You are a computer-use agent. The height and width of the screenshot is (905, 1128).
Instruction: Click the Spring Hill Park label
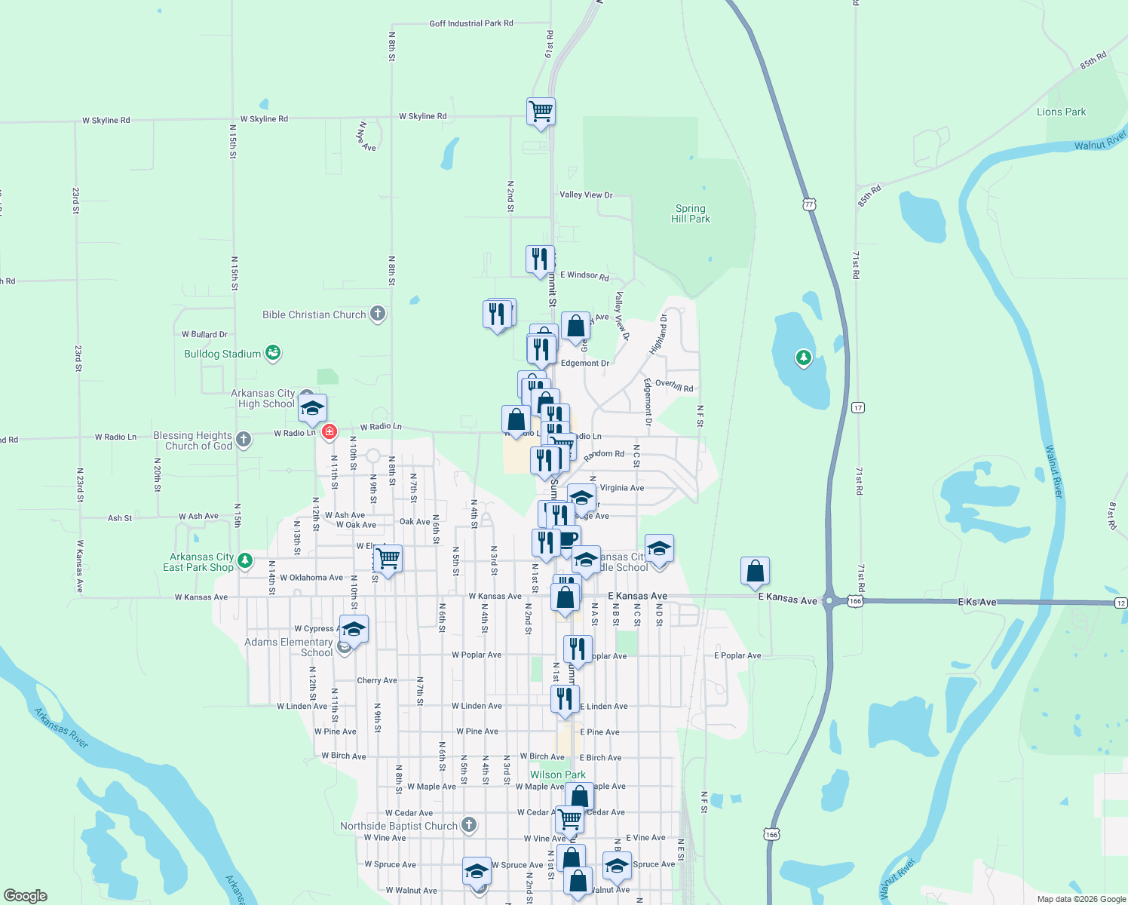(x=691, y=213)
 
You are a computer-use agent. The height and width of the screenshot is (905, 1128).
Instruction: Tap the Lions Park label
(x=1061, y=112)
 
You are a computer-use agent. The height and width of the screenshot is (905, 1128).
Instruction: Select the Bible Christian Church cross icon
(x=378, y=314)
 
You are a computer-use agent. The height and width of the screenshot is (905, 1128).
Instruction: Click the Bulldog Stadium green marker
(x=273, y=352)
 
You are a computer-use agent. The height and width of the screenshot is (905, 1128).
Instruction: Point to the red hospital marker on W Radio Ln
(x=329, y=431)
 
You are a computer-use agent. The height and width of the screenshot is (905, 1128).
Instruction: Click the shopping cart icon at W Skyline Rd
(x=541, y=112)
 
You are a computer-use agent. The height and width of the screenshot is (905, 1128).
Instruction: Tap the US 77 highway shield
(x=809, y=204)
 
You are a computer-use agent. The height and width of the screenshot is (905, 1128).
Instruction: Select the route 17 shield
(x=857, y=408)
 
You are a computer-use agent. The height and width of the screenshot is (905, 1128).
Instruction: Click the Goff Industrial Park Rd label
(x=471, y=23)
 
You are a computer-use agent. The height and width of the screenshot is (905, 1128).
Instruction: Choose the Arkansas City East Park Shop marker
(x=244, y=560)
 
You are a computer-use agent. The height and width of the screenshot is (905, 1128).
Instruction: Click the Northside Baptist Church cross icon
(x=468, y=825)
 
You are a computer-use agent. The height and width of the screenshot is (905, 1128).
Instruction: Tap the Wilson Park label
(x=557, y=775)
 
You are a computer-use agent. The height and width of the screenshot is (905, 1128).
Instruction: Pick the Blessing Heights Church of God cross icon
(x=243, y=439)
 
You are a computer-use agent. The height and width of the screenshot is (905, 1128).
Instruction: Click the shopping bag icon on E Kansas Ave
(x=755, y=572)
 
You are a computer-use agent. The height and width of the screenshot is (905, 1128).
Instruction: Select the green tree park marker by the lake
(x=803, y=357)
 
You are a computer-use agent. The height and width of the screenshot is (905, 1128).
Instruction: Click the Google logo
(x=26, y=896)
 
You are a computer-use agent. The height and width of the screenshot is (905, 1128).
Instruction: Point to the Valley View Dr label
(x=586, y=195)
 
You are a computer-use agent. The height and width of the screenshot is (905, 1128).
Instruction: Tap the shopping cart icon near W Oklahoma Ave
(x=388, y=560)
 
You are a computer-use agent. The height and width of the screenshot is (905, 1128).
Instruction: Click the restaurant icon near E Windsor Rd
(x=540, y=259)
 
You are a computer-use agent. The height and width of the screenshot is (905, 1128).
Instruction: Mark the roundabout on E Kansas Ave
(x=829, y=601)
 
